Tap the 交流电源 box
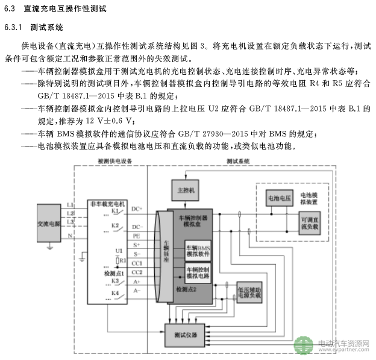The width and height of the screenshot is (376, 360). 48,223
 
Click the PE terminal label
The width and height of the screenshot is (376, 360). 136,235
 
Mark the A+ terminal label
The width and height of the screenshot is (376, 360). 137,282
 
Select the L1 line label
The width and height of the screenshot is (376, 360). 70,206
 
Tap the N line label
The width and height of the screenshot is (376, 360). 70,236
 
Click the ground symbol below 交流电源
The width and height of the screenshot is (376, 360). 51,245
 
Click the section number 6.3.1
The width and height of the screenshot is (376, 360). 13,28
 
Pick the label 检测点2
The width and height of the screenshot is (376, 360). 186,289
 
